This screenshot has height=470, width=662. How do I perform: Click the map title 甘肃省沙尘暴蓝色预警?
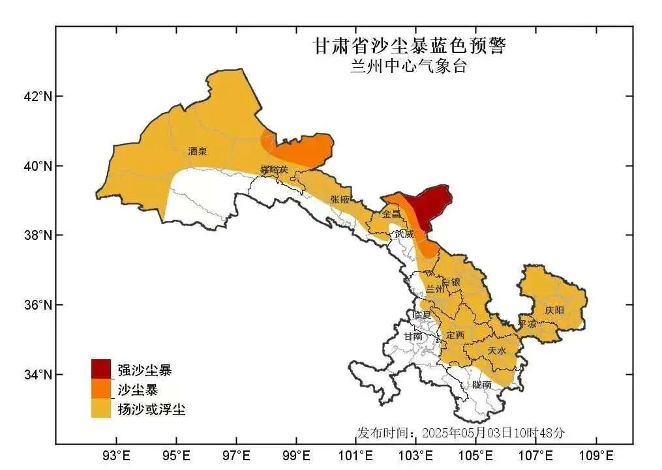click(x=409, y=46)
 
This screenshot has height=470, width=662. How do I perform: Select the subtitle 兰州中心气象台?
click(x=408, y=66)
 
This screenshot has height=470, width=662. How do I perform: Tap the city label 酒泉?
click(x=197, y=151)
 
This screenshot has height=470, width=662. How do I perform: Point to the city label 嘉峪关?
click(x=274, y=170)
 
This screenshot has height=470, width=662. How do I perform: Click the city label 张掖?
click(x=340, y=199)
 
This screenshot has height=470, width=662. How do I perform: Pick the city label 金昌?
click(x=391, y=214)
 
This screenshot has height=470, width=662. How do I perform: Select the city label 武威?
click(x=404, y=233)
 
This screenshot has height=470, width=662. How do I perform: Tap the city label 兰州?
click(x=435, y=289)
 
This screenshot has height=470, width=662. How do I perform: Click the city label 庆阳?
click(x=554, y=310)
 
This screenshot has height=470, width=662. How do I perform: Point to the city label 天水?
click(x=496, y=351)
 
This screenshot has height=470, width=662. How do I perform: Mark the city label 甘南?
click(x=413, y=337)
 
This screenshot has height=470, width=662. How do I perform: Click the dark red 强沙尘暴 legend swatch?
click(x=101, y=369)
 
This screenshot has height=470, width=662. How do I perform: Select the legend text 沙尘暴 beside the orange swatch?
click(x=138, y=390)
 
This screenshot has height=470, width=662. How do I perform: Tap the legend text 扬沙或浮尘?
click(x=151, y=409)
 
